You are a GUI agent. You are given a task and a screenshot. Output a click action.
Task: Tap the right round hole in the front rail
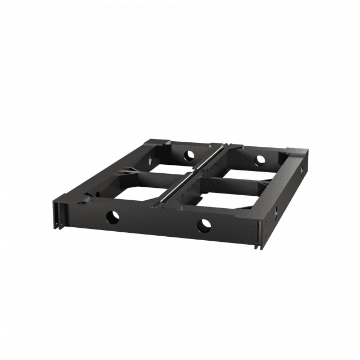202,226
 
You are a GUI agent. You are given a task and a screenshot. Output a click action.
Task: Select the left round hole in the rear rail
187,154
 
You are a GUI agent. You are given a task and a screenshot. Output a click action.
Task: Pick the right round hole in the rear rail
259,160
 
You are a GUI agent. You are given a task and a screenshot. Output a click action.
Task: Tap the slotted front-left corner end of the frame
58,214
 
